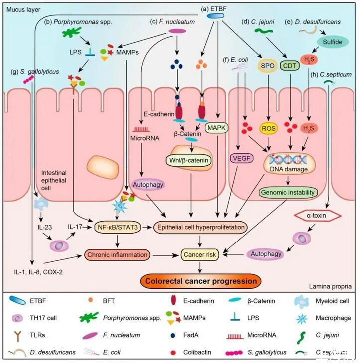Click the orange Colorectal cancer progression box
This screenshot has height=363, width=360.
(x=201, y=281)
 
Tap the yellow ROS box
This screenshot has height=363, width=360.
(x=269, y=129)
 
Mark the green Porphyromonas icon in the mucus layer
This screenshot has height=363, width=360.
(x=73, y=34)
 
